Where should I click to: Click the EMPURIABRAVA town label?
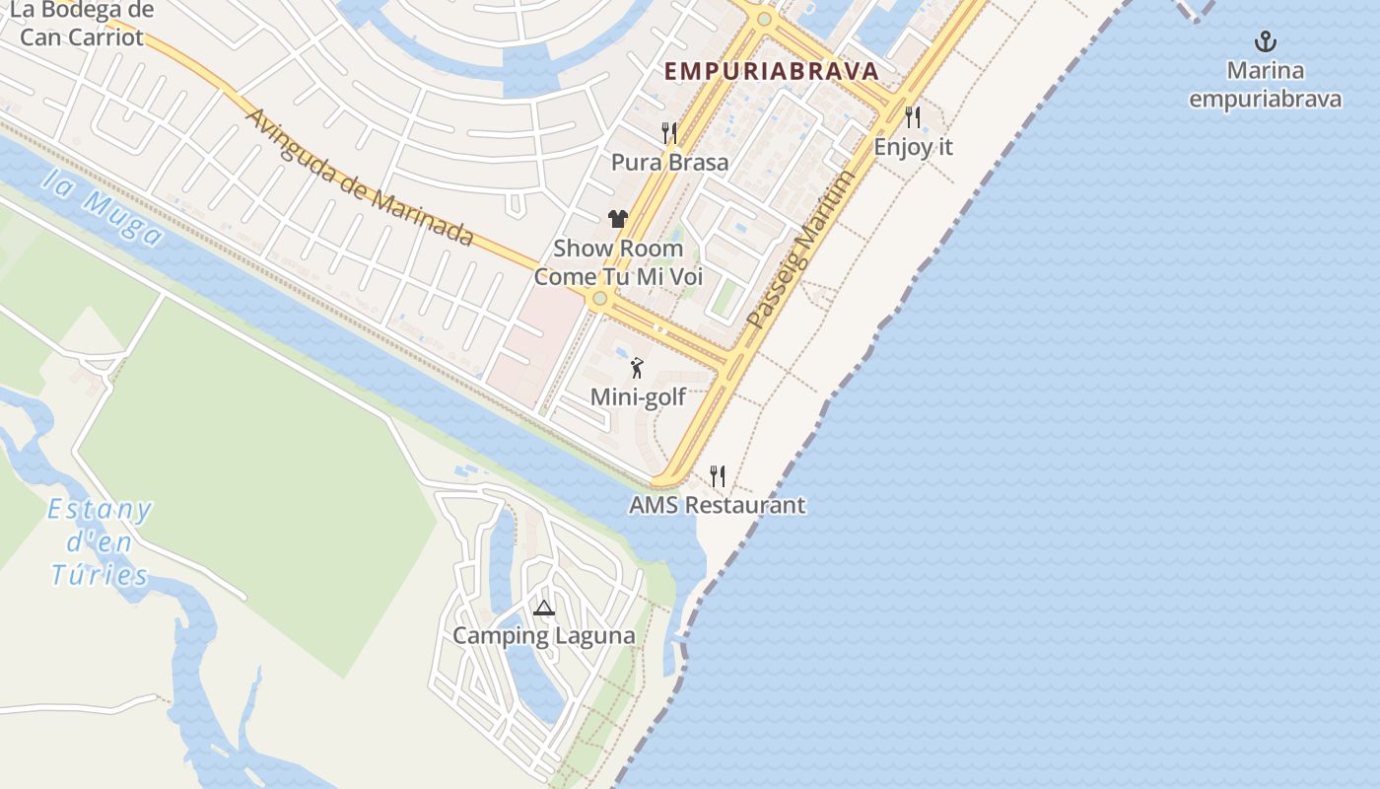[771, 71]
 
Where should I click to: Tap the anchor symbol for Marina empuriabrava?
[1265, 41]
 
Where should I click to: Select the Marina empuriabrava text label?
[1265, 85]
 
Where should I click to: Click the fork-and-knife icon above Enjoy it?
[913, 117]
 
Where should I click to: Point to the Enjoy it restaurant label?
[914, 147]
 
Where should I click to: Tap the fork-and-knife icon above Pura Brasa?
[669, 132]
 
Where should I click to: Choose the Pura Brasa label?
[670, 163]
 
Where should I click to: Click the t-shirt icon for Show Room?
[618, 219]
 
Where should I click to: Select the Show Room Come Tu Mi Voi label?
[618, 262]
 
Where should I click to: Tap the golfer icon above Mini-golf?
[637, 368]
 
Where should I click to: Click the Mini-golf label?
[638, 397]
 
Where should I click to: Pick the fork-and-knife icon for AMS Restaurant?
[718, 476]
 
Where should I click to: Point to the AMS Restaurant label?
[718, 506]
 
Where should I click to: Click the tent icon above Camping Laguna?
[543, 608]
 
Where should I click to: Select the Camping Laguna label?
[543, 636]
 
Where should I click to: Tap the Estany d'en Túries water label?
[101, 542]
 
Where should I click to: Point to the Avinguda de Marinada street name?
[359, 178]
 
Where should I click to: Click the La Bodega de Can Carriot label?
[82, 25]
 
